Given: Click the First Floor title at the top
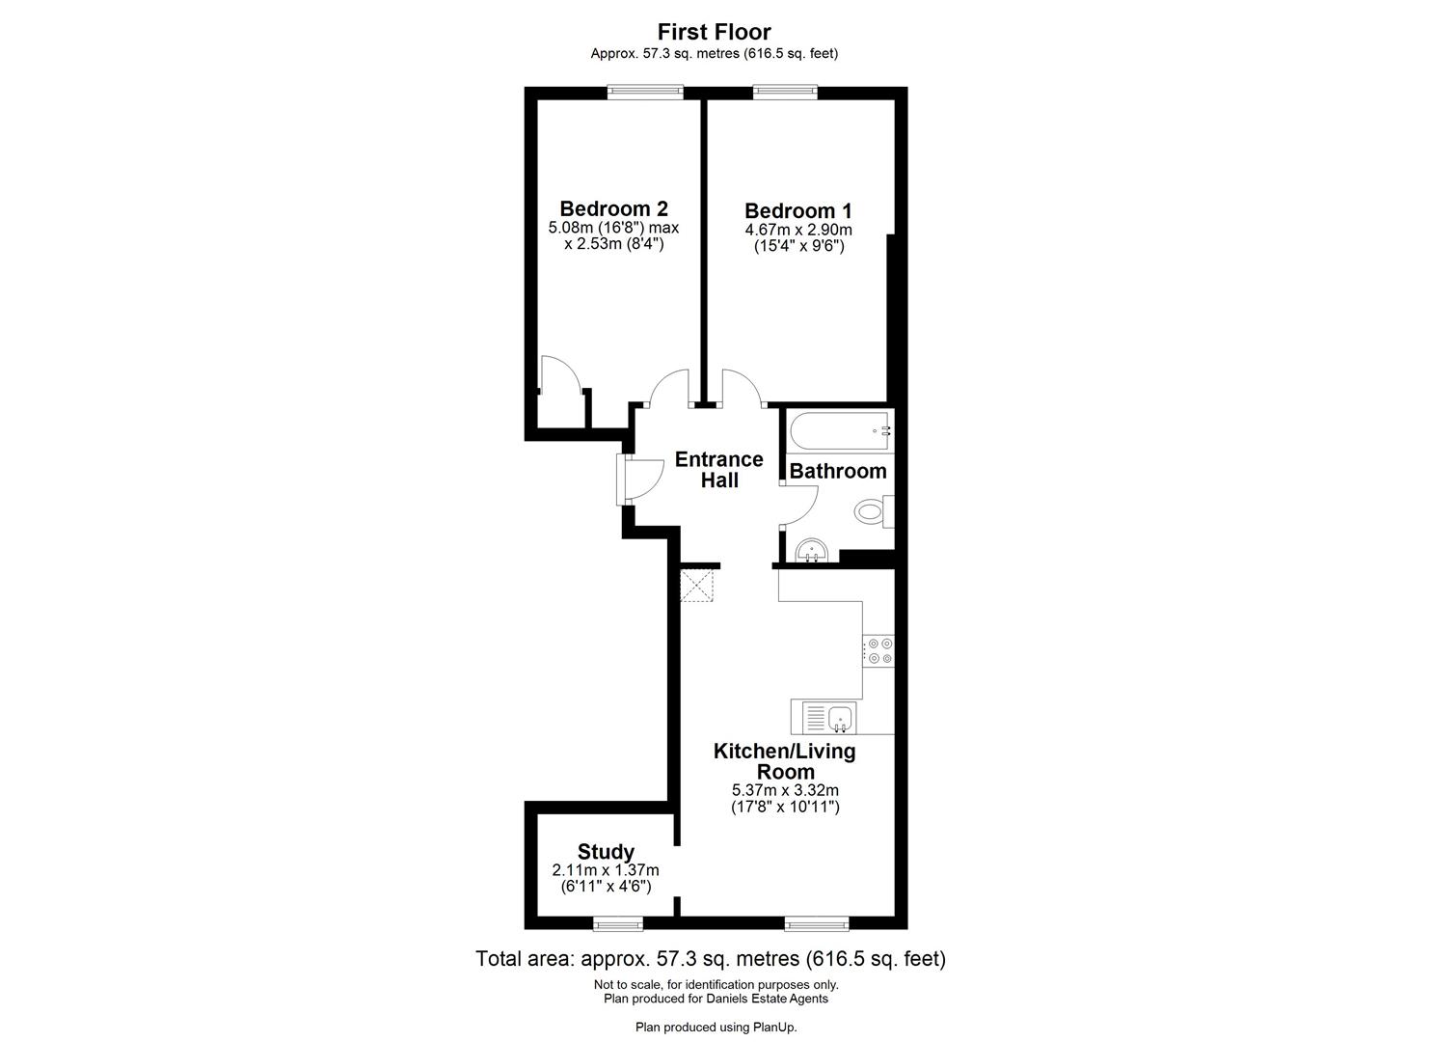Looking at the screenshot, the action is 715,31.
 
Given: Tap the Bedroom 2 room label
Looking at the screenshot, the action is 613,208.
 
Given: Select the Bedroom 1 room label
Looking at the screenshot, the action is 797,210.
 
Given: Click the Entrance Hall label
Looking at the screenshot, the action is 719,470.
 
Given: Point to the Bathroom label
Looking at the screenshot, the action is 838,472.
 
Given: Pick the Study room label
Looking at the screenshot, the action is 606,851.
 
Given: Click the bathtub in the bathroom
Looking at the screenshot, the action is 840,430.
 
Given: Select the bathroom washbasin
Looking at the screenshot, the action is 812,551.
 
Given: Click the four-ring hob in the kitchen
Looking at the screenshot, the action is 878,651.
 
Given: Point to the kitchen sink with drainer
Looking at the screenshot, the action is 824,718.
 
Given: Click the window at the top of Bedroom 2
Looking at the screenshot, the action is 645,93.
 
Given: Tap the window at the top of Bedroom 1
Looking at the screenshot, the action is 785,93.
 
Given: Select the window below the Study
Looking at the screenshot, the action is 618,923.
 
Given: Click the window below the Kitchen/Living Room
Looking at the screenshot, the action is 817,923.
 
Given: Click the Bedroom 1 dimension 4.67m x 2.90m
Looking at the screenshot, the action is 798,230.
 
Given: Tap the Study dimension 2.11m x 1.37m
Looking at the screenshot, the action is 606,870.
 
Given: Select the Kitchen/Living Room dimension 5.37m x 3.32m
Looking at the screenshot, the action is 785,790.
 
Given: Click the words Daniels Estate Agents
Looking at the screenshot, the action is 768,999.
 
